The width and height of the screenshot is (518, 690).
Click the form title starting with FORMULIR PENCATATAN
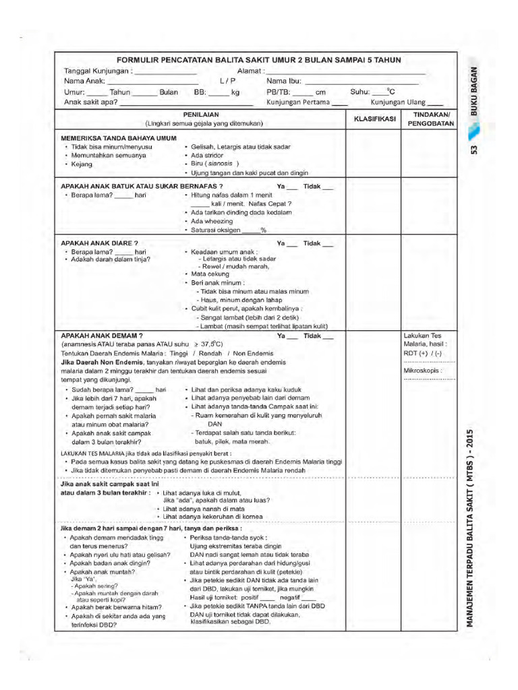click(x=258, y=60)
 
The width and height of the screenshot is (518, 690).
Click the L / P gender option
click(x=226, y=82)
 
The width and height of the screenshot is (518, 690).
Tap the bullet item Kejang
click(x=78, y=164)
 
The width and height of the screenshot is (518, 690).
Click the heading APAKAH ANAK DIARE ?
click(x=99, y=243)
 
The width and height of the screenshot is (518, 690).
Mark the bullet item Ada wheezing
click(x=211, y=221)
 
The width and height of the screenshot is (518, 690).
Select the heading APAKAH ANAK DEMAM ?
click(x=101, y=335)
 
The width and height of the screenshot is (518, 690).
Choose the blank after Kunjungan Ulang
click(x=435, y=104)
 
